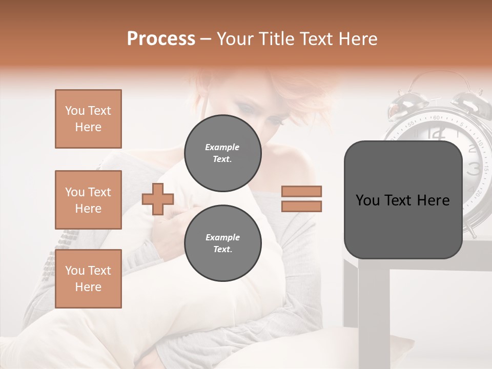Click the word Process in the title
pos(161,39)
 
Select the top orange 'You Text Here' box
pos(88,119)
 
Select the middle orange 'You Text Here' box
pos(88,200)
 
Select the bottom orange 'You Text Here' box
pos(88,279)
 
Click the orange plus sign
pos(157,199)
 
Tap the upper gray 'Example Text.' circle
pos(222,153)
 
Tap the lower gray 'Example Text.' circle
pos(222,243)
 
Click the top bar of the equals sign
pos(301,192)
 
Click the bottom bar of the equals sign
pos(301,206)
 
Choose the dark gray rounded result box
pos(403,200)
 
